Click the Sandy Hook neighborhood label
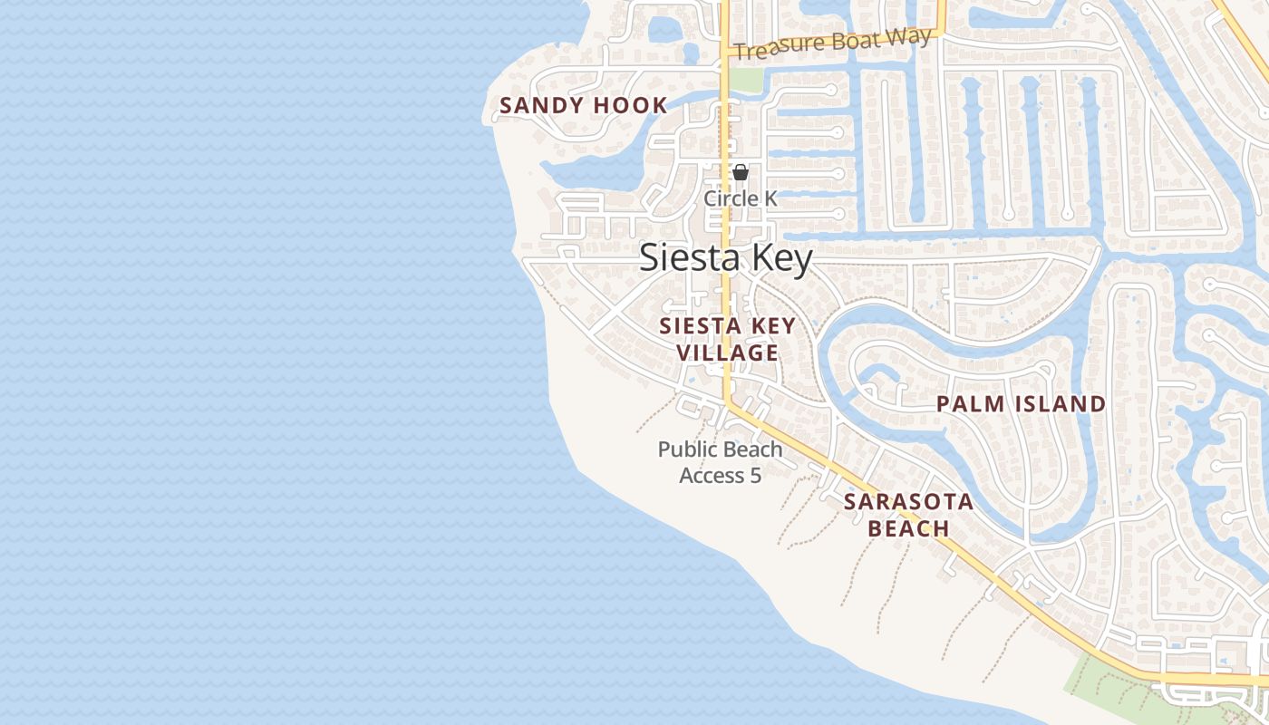pos(584,105)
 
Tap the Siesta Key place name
pos(726,258)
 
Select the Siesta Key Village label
pos(728,339)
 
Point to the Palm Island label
pos(1021,404)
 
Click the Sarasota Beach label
pos(908,515)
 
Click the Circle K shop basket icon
pos(741,172)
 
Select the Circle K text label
pos(741,198)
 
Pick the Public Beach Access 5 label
pos(721,462)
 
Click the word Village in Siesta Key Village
pos(728,353)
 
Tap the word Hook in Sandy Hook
pos(631,105)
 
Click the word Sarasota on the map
pos(908,502)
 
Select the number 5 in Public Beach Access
pos(755,475)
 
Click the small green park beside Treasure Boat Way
pos(746,80)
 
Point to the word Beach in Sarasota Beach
pos(908,528)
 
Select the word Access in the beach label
pos(712,475)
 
